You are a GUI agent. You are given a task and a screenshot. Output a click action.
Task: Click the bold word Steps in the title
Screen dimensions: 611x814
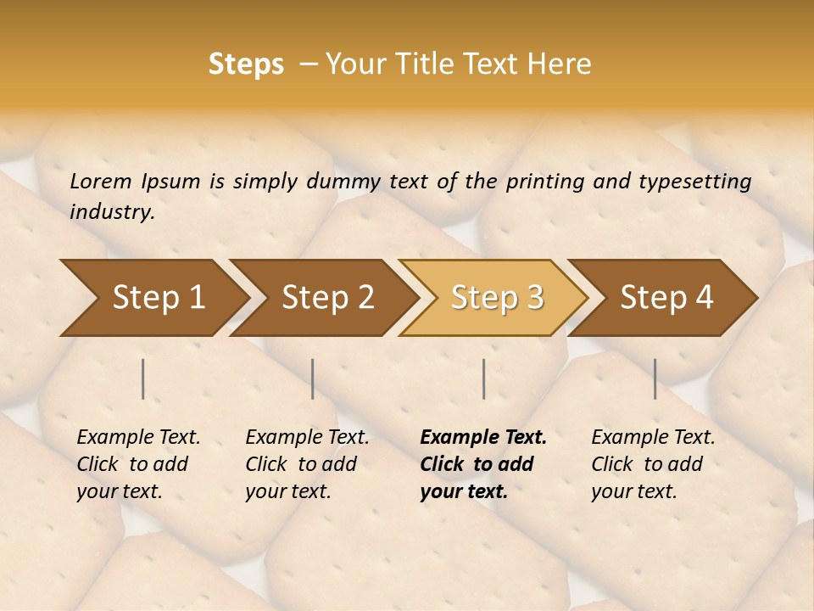click(x=246, y=64)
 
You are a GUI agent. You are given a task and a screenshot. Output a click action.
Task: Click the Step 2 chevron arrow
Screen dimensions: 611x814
click(x=326, y=298)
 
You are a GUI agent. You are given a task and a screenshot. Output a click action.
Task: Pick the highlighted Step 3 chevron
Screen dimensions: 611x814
click(x=495, y=298)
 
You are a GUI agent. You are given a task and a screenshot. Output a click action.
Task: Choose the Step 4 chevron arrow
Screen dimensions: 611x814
click(x=665, y=298)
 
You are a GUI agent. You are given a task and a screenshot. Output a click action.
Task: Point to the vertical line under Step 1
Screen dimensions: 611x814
click(x=143, y=378)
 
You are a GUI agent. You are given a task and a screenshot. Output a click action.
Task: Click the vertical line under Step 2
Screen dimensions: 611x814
click(x=313, y=378)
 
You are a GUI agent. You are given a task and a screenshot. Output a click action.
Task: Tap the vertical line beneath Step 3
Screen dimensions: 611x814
click(x=483, y=378)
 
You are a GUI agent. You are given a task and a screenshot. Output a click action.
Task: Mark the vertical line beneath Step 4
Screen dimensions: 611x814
click(x=655, y=378)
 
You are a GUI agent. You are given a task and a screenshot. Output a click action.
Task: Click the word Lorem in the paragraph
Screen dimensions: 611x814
click(x=100, y=181)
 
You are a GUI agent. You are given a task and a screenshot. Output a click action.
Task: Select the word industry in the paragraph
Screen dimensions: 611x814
click(x=111, y=211)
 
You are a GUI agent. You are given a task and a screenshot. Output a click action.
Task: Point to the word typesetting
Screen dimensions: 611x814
click(x=694, y=181)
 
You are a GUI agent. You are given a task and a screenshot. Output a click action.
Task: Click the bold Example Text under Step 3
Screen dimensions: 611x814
click(x=483, y=437)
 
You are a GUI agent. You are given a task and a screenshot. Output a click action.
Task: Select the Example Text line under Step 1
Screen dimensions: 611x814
click(x=138, y=437)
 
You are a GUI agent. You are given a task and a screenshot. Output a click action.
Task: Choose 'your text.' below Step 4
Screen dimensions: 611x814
click(x=633, y=491)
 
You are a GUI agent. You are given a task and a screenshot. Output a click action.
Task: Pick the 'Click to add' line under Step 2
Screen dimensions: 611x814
click(x=301, y=464)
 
